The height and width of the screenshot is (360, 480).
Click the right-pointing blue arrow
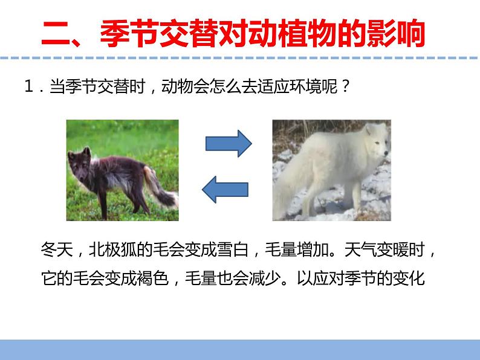pyautogui.click(x=228, y=143)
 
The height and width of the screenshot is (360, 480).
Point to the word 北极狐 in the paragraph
pyautogui.click(x=112, y=249)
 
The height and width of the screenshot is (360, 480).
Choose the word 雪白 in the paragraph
pyautogui.click(x=232, y=249)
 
